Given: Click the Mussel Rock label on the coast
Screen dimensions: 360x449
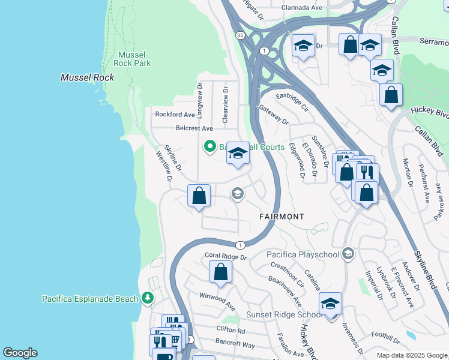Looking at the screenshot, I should [88, 77].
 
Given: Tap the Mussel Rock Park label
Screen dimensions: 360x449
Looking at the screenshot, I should [133, 58].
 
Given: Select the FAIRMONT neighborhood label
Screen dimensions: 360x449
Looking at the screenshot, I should [282, 216].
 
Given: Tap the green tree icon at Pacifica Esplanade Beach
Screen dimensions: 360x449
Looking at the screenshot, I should [147, 298].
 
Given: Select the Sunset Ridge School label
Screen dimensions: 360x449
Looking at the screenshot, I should [285, 314].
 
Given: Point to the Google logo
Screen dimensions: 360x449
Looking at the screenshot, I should [20, 353].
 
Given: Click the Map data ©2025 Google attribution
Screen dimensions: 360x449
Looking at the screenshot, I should [412, 355].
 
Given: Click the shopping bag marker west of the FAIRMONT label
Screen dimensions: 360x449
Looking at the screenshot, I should [199, 196].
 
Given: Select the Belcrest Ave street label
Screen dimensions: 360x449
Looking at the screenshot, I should [194, 128].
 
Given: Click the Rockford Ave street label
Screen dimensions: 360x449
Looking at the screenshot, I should [175, 114].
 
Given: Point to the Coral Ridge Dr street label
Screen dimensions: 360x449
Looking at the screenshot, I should [226, 256].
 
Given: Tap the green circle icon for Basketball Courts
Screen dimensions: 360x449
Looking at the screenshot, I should [210, 146].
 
